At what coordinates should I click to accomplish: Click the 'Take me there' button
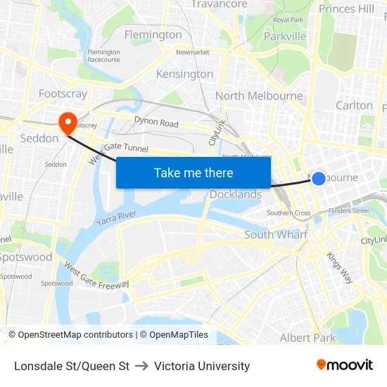pos(193,172)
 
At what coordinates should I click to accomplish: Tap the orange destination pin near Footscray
pos(68,123)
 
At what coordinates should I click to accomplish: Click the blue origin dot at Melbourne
pos(318,179)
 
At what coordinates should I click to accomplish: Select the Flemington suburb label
pos(153,34)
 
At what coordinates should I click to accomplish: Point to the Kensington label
pos(184,74)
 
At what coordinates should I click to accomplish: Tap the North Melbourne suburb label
pos(259,96)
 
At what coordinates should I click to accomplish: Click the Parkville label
pos(285,36)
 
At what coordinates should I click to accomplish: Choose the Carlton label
pos(354,105)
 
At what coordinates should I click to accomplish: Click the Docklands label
pos(236,194)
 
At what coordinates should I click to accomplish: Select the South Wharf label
pos(276,234)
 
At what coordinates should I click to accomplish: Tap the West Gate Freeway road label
pos(96,275)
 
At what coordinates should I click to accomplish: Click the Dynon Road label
pos(156,122)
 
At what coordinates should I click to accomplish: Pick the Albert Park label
pos(308,338)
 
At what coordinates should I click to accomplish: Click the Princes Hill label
pos(346,8)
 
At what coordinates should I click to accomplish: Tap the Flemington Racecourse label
pos(103,56)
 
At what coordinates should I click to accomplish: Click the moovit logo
pos(345,365)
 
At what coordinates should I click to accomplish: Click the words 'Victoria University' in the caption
pos(202,366)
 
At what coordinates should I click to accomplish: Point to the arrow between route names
pos(141,366)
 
